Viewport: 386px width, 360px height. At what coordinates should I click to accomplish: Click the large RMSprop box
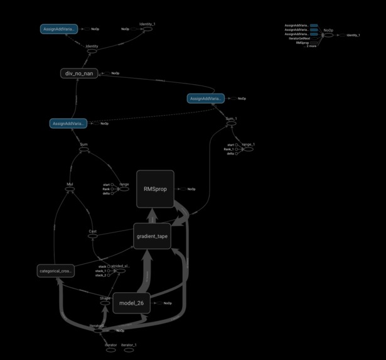[x=155, y=188]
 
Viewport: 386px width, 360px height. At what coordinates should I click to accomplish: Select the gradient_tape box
[x=152, y=236]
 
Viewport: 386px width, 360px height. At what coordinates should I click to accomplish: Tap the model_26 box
[x=132, y=303]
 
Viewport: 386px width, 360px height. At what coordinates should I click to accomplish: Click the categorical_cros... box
[x=56, y=271]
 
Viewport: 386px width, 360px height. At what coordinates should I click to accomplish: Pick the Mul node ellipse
[x=70, y=189]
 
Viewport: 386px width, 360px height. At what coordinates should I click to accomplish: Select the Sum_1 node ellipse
[x=231, y=123]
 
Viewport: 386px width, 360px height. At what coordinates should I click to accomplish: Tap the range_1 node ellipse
[x=248, y=149]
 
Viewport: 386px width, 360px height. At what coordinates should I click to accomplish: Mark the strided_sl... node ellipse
[x=119, y=271]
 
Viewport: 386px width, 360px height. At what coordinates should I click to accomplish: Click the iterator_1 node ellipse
[x=129, y=349]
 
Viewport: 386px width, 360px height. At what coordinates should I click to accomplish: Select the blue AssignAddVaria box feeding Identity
[x=59, y=29]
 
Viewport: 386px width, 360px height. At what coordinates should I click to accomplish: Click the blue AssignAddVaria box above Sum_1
[x=205, y=99]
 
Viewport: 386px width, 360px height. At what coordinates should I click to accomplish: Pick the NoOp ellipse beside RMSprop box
[x=181, y=189]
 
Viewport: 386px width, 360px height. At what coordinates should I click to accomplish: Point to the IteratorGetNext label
[x=299, y=38]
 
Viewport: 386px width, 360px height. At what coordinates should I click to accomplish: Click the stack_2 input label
[x=100, y=275]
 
